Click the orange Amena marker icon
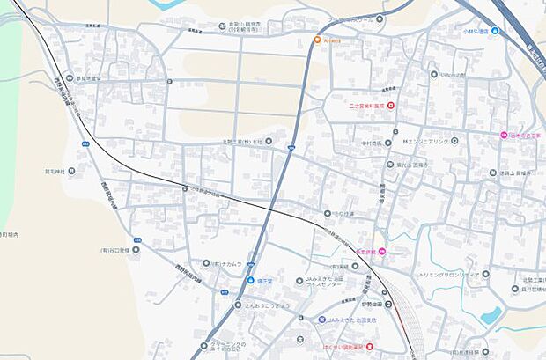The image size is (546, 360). pyautogui.click(x=318, y=39)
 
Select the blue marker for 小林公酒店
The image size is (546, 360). pyautogui.click(x=495, y=30)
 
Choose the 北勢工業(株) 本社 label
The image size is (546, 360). pyautogui.click(x=243, y=140)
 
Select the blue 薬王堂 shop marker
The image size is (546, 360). pyautogui.click(x=251, y=281)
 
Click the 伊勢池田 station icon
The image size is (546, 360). pyautogui.click(x=388, y=305)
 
